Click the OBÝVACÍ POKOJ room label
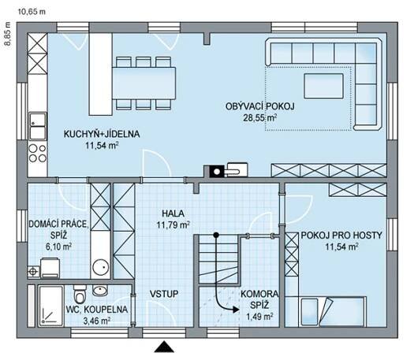click(x=259, y=106)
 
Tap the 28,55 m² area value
click(x=259, y=118)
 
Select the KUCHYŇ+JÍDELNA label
click(x=102, y=134)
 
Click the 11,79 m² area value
click(x=173, y=225)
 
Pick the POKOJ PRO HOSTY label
click(x=341, y=236)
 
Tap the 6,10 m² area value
click(x=58, y=247)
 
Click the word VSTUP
click(x=164, y=294)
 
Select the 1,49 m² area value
click(x=259, y=316)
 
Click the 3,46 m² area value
click(x=97, y=321)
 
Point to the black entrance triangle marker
click(x=164, y=347)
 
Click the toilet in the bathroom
click(x=80, y=294)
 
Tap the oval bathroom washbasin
click(x=100, y=291)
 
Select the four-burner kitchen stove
click(x=38, y=154)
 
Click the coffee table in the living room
click(x=323, y=86)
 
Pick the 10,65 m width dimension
click(x=32, y=12)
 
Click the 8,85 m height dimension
click(x=8, y=33)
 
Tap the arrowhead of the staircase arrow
click(x=236, y=310)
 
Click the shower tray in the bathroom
click(x=50, y=306)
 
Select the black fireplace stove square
click(x=217, y=172)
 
